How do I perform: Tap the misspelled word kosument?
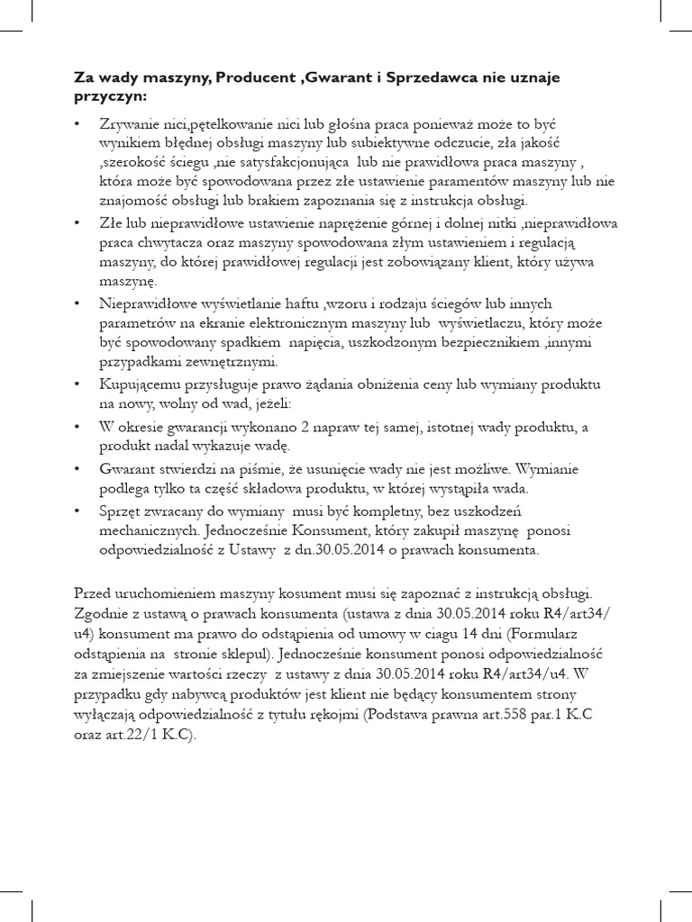pos(263,593)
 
